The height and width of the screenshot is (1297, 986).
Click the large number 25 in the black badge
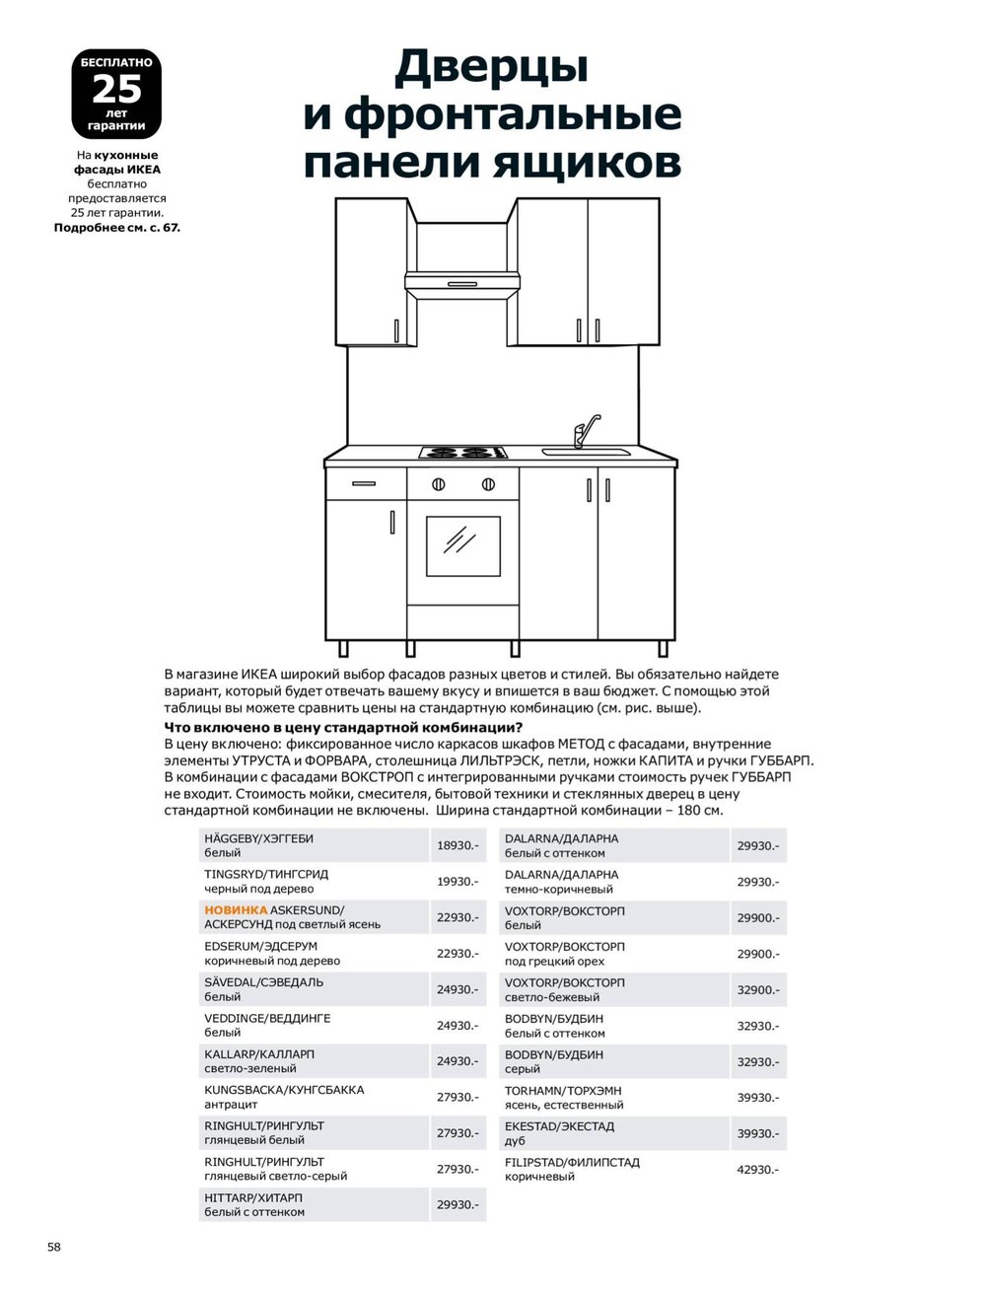click(116, 90)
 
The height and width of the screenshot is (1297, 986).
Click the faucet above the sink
click(584, 431)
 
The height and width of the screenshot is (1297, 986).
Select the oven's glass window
click(462, 544)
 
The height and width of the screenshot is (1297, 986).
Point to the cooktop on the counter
click(463, 453)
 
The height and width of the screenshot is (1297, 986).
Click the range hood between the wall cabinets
click(462, 283)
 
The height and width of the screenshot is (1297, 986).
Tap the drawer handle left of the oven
click(364, 483)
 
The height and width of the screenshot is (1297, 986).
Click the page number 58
click(54, 1247)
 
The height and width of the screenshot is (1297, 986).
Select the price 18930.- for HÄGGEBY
click(458, 846)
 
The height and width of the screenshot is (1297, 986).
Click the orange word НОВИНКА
click(236, 910)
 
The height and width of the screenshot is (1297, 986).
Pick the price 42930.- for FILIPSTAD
click(758, 1170)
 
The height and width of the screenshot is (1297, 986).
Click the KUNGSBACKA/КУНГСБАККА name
click(284, 1090)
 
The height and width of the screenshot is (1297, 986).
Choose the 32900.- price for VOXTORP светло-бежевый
click(758, 990)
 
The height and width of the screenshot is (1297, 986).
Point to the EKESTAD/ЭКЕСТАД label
click(559, 1126)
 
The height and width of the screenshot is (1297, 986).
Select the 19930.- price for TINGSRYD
click(458, 882)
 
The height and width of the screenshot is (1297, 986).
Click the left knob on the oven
click(439, 484)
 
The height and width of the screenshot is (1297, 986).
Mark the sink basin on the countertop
click(586, 453)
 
